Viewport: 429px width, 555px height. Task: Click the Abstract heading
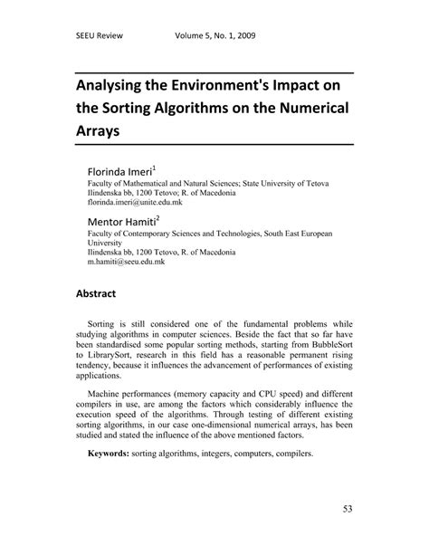coord(100,294)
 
